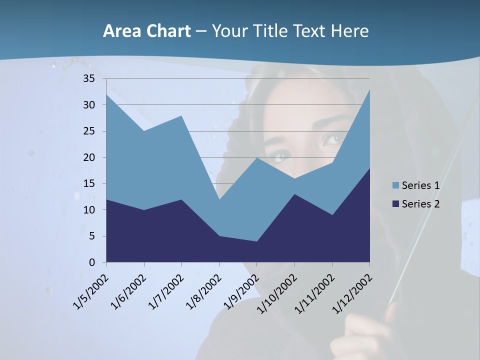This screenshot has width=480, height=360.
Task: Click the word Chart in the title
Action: click(x=167, y=31)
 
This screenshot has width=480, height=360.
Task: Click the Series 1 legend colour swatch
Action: click(x=396, y=185)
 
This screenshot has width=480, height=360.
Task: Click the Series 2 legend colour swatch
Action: click(x=396, y=203)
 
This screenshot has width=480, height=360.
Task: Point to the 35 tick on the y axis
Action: click(x=89, y=78)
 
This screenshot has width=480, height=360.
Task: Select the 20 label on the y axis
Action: click(x=89, y=157)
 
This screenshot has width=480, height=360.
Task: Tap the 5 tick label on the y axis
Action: click(x=92, y=236)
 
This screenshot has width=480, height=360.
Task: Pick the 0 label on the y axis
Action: click(x=92, y=262)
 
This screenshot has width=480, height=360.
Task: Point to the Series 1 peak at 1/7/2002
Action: click(x=181, y=115)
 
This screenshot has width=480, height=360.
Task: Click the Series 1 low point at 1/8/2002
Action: click(x=219, y=199)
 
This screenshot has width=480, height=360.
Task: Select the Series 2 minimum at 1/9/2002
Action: click(x=256, y=241)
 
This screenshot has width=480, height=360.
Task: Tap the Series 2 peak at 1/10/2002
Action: click(x=294, y=194)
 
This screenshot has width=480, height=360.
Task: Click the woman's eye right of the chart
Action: click(x=331, y=138)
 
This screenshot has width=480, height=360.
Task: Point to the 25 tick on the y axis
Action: click(x=89, y=131)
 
